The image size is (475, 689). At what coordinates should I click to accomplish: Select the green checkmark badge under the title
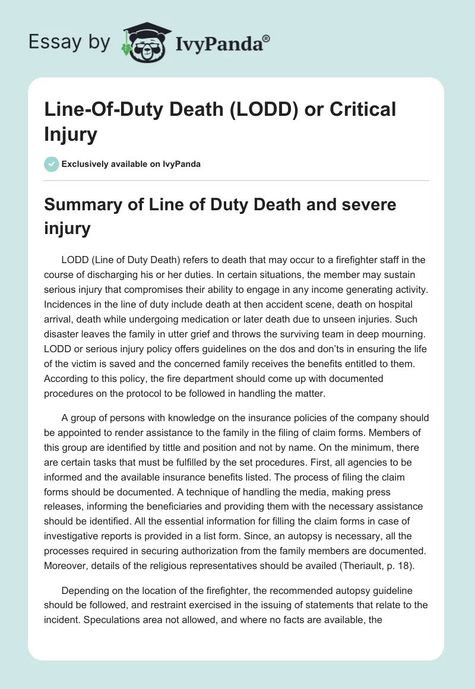(x=52, y=164)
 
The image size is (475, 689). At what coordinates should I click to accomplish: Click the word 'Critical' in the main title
(x=363, y=110)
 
